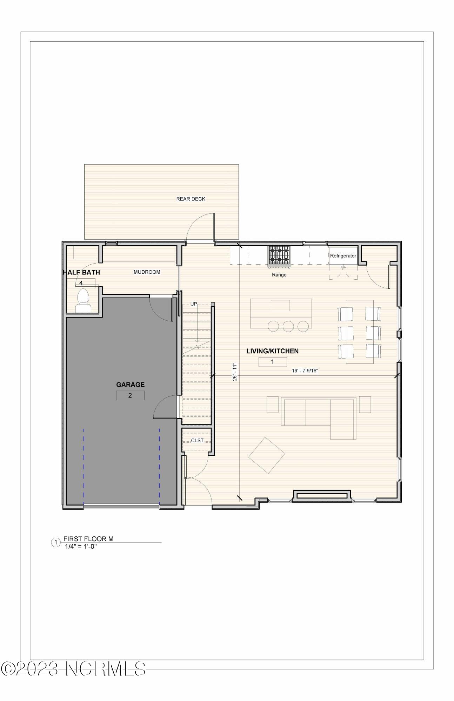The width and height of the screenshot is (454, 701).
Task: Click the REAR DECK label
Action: coord(191,199)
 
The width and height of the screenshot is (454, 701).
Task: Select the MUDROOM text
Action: coord(147,272)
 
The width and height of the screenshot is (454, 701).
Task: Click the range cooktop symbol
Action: coord(280,254)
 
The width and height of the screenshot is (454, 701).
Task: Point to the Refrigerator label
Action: coord(343,256)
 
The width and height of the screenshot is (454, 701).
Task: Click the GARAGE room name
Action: coord(130,384)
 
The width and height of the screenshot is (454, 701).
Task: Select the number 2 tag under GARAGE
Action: coord(130,395)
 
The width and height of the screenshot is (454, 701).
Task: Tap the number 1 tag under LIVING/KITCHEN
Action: coord(273,362)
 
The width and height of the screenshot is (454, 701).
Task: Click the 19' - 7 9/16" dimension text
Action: coord(305,370)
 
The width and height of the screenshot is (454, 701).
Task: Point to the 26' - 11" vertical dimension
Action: coord(235,372)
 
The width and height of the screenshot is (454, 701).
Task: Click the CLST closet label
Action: coord(197,441)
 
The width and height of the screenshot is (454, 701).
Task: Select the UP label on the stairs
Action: coord(194,304)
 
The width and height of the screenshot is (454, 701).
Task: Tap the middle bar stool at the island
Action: coord(288,326)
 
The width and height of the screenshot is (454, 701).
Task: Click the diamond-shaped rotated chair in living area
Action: coord(267,455)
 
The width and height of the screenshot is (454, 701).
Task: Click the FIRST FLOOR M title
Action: coord(88,539)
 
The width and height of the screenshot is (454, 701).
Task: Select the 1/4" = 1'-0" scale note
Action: coord(81,546)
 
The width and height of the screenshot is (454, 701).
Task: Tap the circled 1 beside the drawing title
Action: coord(55,543)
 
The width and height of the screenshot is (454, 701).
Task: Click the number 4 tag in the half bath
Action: coord(81,283)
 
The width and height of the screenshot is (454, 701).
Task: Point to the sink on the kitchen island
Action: coord(280,305)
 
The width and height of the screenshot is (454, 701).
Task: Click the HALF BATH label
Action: coord(81,272)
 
